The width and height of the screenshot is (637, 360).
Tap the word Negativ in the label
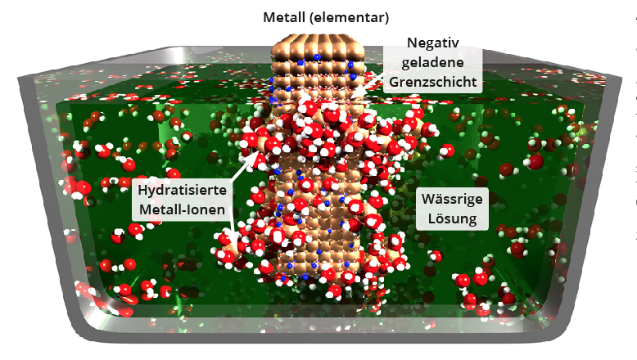433,44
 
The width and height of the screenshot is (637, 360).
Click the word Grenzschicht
434,82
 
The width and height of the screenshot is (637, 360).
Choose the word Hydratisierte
183,190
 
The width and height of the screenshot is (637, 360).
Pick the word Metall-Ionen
183,209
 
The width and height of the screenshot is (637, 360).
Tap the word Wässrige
453,198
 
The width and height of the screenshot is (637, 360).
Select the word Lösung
453,218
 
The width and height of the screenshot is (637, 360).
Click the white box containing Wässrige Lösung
453,208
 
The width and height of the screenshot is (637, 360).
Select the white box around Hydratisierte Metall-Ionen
183,200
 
